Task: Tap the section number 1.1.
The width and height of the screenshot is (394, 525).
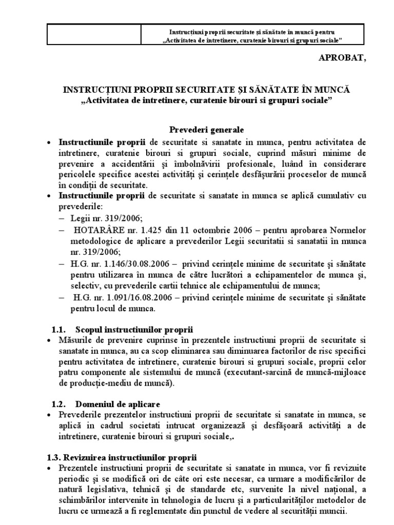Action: [61, 329]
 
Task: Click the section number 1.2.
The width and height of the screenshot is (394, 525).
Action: [61, 403]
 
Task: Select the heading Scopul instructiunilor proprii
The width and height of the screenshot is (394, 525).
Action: [134, 329]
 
